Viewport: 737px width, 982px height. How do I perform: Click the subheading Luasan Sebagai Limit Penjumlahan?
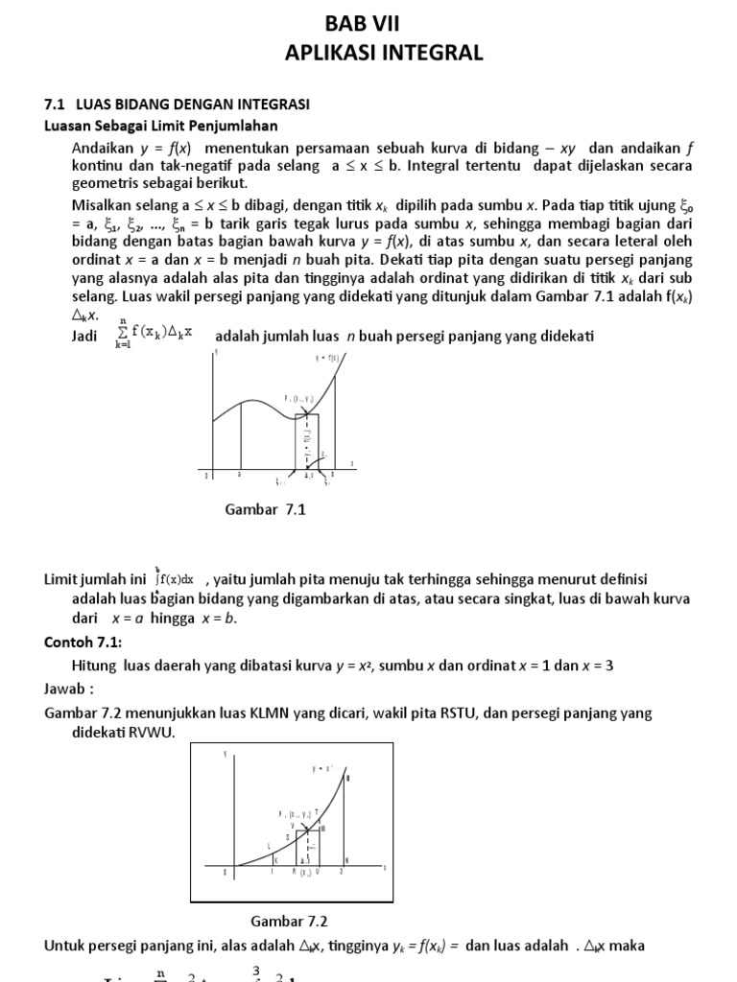pos(161,125)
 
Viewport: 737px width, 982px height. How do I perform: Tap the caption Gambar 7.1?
pos(264,509)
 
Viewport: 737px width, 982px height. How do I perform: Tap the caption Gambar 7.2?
pos(289,922)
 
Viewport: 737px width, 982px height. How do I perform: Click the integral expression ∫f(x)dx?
pos(174,578)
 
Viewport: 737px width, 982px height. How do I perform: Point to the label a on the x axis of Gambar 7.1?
pos(239,474)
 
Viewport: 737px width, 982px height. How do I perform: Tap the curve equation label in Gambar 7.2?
pos(322,768)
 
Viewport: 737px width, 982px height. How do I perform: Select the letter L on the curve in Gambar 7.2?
pos(269,845)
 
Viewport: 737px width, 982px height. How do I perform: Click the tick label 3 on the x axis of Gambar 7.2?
pos(340,872)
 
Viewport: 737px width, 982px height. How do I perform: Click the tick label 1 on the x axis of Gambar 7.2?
pos(272,872)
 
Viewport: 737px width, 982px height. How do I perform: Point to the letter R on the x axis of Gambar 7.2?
pos(293,872)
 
